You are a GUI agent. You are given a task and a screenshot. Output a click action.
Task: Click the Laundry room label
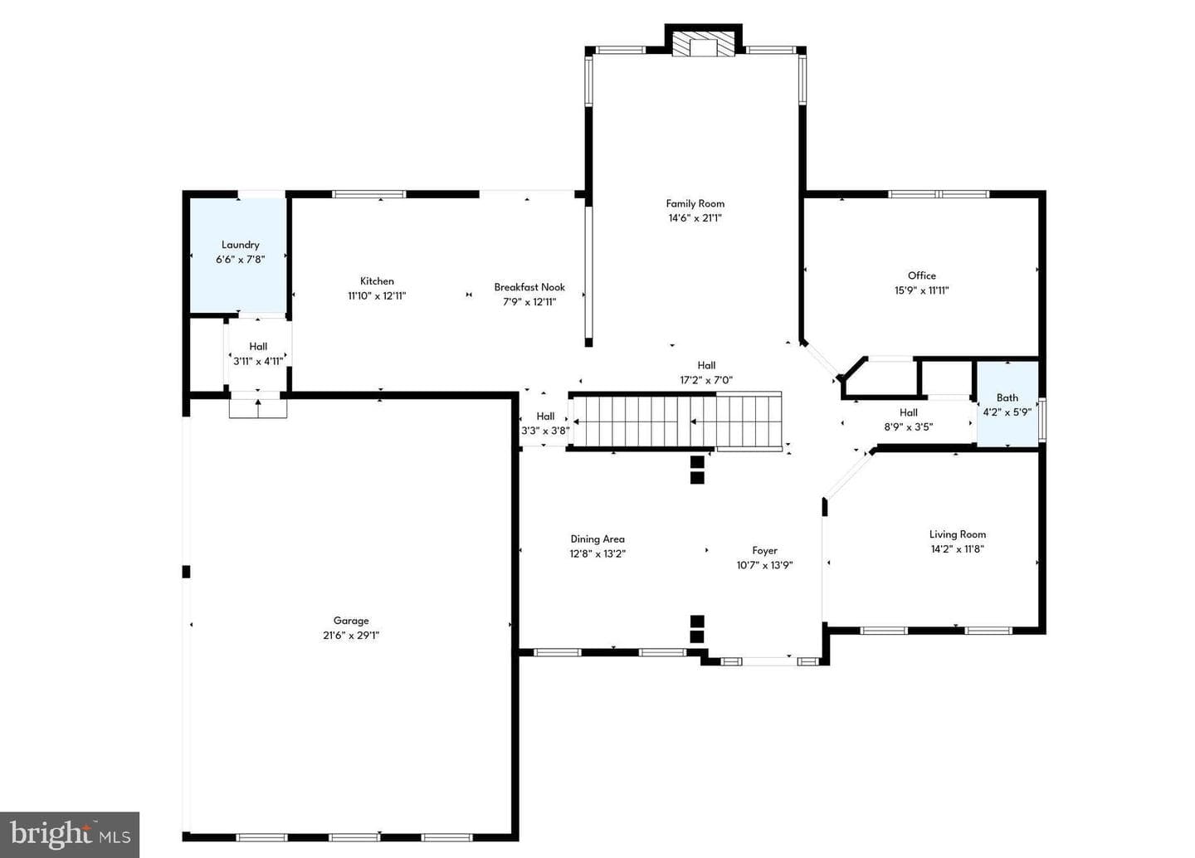pos(240,245)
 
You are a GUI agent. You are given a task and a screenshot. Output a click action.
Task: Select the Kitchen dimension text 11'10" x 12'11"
pos(377,295)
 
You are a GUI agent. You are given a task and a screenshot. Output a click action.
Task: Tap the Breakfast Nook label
pos(529,287)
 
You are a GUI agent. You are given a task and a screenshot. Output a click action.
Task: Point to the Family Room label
pos(695,203)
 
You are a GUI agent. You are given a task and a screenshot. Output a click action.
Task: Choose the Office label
pos(922,275)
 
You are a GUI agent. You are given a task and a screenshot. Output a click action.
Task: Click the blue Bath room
pos(1007,404)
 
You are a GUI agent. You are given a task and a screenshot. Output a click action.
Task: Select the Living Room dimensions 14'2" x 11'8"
pos(958,548)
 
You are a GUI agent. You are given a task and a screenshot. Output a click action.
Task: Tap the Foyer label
pos(764,550)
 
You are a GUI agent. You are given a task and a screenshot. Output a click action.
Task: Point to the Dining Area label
pos(597,539)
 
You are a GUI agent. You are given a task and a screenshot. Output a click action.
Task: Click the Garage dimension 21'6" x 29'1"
pos(351,635)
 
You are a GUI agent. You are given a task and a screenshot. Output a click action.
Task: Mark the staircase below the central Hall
pos(676,422)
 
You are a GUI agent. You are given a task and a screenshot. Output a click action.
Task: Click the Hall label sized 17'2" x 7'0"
pos(706,365)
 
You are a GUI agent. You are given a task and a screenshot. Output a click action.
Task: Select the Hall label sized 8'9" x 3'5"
pos(909,412)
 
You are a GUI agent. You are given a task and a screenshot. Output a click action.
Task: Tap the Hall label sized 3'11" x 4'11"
pos(258,346)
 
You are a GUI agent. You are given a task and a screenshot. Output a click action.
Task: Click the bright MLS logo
pos(70,835)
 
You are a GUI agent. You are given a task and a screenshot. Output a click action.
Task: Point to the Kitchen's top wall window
pos(369,194)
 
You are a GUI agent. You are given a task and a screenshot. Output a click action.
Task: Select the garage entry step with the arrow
pos(258,408)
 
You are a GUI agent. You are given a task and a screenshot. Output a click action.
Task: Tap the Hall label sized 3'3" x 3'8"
pos(545,417)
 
